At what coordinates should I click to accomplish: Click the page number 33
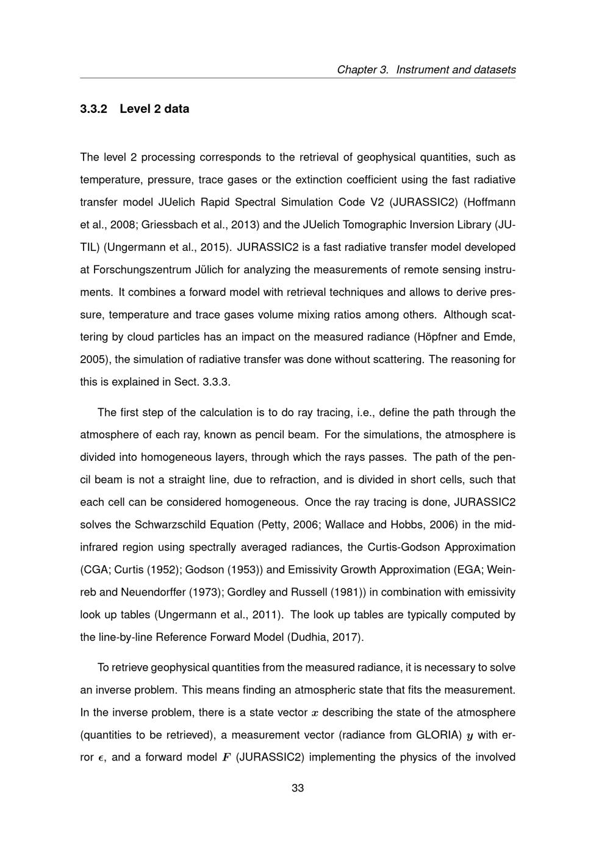click(x=298, y=788)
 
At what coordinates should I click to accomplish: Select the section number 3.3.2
click(x=93, y=109)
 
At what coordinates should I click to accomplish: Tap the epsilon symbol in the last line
click(x=101, y=758)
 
